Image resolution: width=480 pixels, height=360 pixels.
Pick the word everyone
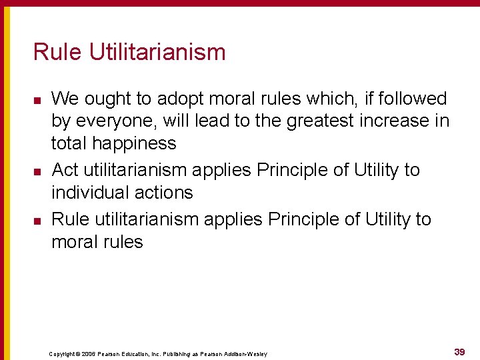click(x=117, y=121)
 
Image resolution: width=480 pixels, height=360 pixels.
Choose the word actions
click(x=166, y=193)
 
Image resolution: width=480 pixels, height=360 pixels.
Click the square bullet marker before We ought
click(x=37, y=100)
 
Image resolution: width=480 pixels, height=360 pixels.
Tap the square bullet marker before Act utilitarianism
click(x=37, y=171)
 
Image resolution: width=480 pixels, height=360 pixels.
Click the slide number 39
click(x=459, y=351)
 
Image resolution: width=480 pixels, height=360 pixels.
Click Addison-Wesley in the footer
click(x=246, y=354)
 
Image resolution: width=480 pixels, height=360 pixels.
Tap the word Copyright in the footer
click(x=63, y=354)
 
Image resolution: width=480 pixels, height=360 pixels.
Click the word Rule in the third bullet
click(x=67, y=219)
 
